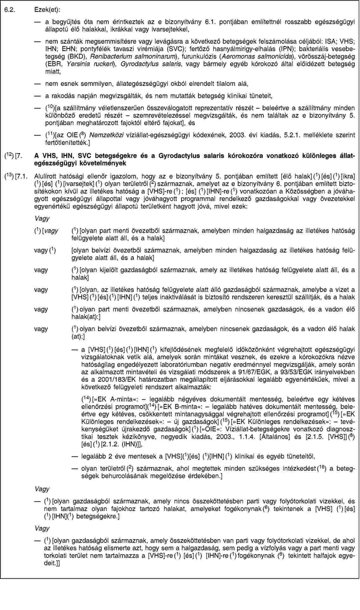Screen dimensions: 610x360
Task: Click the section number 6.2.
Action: [9, 10]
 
